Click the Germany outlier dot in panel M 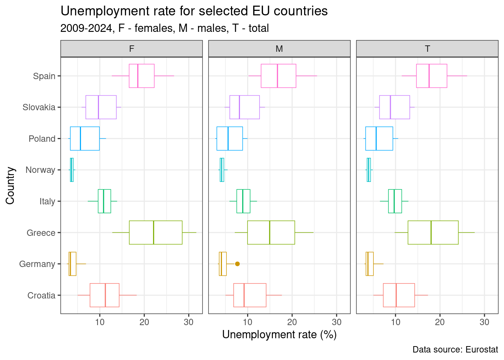(237, 264)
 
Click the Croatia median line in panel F (105, 295)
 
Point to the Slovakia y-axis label (39, 107)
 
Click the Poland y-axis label (42, 139)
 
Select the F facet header (132, 49)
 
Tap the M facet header (279, 49)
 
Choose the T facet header (427, 49)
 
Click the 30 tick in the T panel (484, 322)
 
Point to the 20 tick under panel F (144, 322)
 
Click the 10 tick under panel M (247, 322)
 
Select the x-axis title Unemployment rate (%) (279, 334)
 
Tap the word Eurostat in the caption (482, 349)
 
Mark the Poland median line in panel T (376, 139)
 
